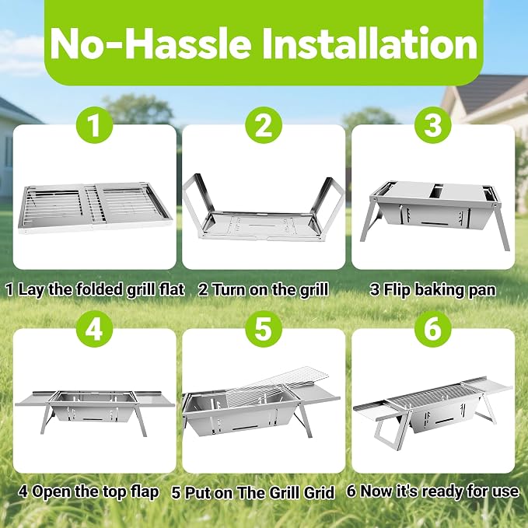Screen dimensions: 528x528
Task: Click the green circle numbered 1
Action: [95, 125]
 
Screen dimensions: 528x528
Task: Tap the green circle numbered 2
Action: [264, 125]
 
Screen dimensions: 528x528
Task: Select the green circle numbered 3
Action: [432, 125]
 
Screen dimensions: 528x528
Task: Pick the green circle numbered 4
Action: [95, 329]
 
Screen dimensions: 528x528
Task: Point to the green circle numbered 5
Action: [264, 329]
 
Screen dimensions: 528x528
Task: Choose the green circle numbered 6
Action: [432, 329]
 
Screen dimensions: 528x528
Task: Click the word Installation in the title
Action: [370, 44]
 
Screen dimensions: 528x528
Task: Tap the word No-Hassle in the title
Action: [151, 44]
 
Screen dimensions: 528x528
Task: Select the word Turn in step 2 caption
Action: [229, 289]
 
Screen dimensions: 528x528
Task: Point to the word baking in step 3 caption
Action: [438, 290]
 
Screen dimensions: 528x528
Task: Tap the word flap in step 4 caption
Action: [143, 492]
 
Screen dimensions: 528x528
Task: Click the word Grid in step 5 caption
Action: [319, 493]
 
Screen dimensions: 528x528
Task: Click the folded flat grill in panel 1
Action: [94, 208]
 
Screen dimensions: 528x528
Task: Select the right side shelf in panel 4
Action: [152, 399]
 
